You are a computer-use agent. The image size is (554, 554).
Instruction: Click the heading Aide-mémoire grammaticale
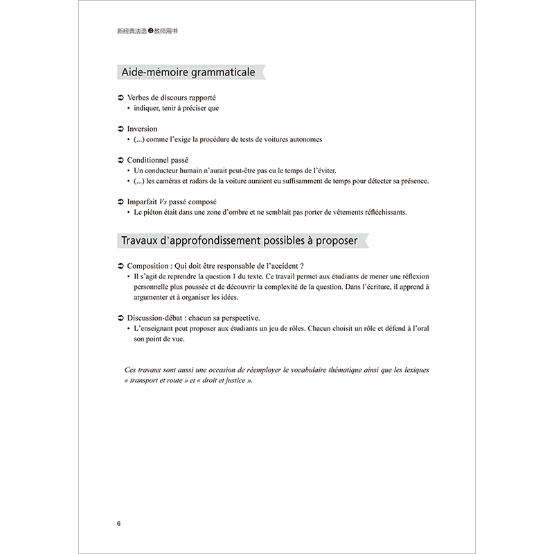pyautogui.click(x=188, y=72)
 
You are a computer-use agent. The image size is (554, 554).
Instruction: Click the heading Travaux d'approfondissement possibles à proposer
pyautogui.click(x=240, y=241)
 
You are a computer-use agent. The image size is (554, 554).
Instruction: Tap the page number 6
pyautogui.click(x=118, y=523)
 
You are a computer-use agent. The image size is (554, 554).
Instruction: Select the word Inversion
pyautogui.click(x=143, y=129)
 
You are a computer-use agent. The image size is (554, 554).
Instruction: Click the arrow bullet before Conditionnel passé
pyautogui.click(x=120, y=160)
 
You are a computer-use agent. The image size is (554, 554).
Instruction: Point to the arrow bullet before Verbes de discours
pyautogui.click(x=120, y=98)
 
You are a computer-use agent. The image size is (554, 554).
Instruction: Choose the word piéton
pyautogui.click(x=157, y=212)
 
